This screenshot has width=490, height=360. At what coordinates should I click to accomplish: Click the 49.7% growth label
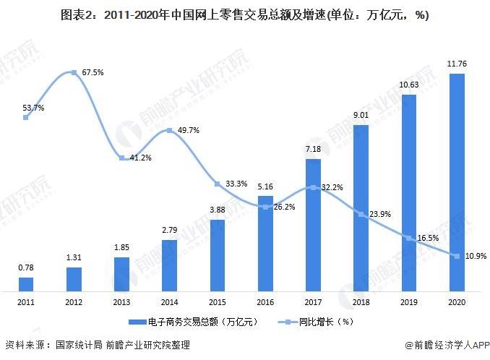coord(187,131)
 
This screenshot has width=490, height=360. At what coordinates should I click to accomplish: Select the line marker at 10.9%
coord(457,255)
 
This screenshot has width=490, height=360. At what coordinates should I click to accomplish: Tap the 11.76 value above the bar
coord(456,64)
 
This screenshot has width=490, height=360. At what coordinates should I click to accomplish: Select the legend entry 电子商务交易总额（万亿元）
coord(192,320)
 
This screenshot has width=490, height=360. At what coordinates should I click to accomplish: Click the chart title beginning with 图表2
coord(245,16)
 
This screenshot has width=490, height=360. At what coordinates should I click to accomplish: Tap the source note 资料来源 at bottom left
coord(98,346)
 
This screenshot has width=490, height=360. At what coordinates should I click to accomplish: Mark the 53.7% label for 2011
coord(33,108)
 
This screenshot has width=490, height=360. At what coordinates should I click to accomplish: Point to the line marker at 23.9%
coord(361,213)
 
